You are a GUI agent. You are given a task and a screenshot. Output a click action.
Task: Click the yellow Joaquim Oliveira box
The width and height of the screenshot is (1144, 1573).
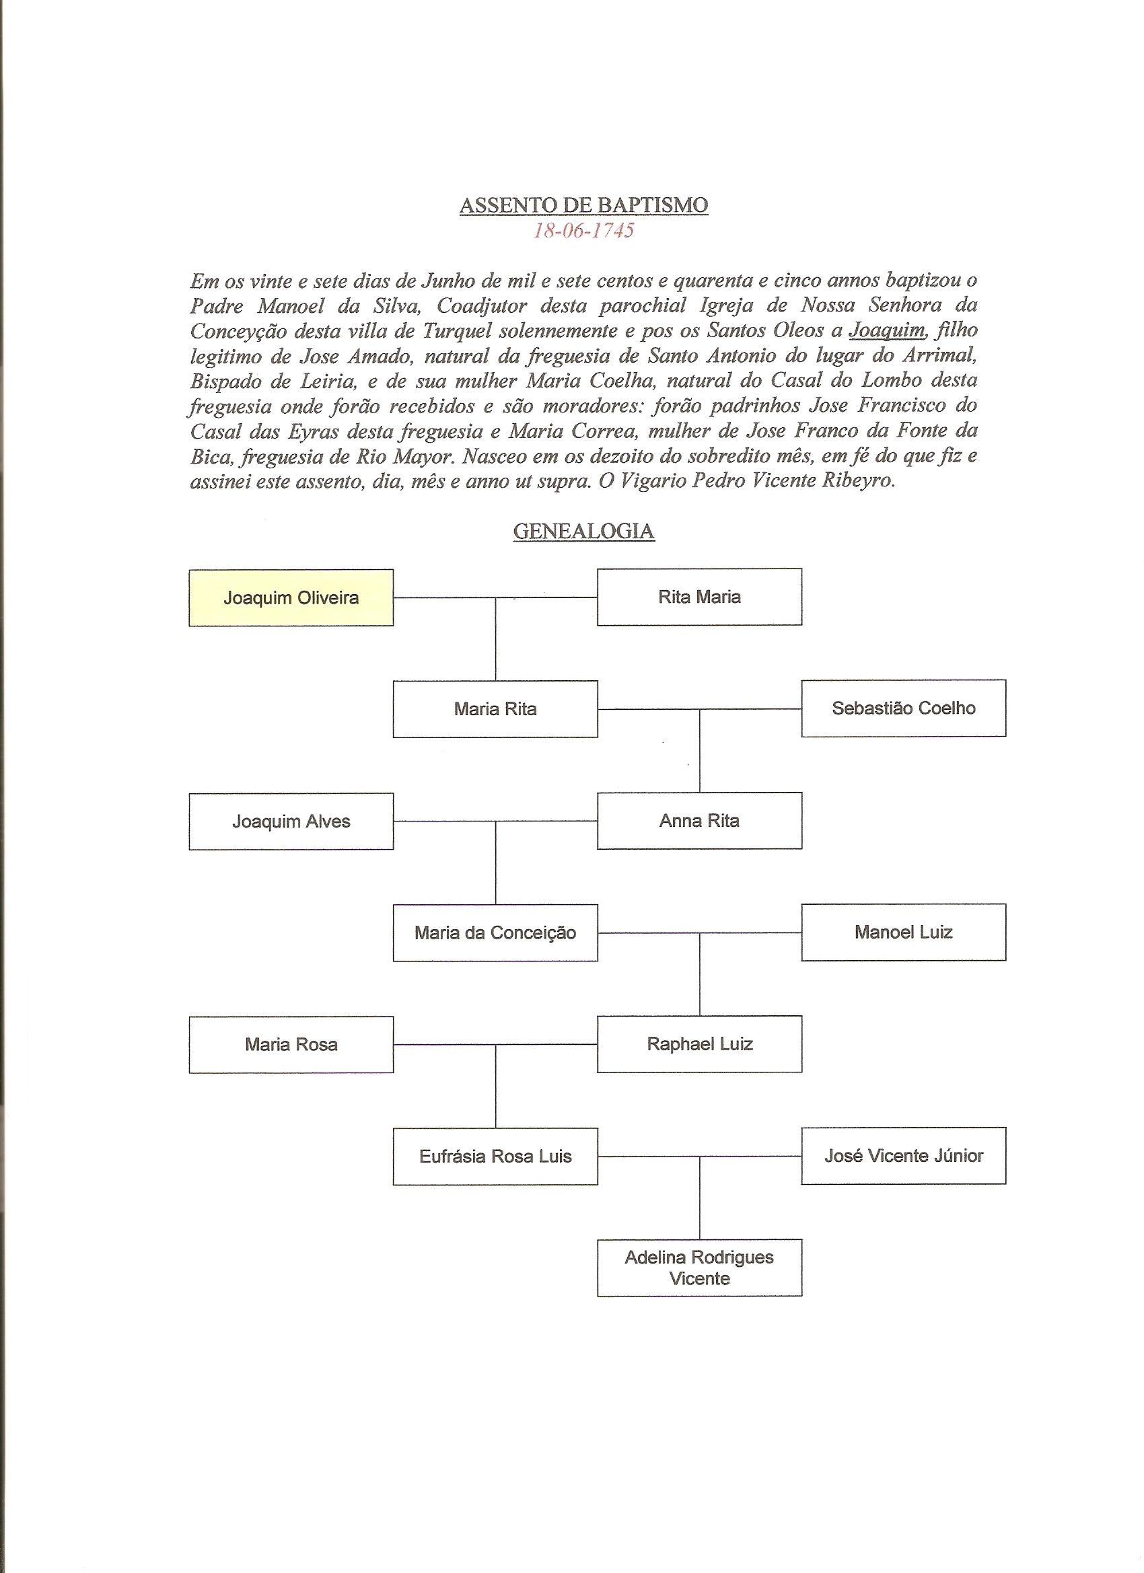click(x=291, y=598)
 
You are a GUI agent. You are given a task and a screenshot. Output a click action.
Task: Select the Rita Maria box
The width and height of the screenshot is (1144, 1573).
click(x=699, y=597)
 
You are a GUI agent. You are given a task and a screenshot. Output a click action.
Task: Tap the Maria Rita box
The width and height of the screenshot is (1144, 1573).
click(x=495, y=709)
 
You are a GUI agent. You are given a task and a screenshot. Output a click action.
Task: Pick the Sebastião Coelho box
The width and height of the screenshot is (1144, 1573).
click(x=903, y=708)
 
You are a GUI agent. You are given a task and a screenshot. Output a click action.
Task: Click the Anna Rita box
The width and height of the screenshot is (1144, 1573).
click(x=699, y=821)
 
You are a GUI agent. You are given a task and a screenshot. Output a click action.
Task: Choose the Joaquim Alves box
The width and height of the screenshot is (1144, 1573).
click(x=291, y=821)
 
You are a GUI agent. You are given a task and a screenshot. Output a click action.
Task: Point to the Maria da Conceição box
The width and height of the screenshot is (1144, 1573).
click(x=495, y=933)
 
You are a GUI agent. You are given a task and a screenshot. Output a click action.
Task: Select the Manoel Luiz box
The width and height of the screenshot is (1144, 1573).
click(x=903, y=932)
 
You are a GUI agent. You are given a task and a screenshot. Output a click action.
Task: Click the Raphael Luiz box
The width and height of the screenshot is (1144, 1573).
click(x=699, y=1044)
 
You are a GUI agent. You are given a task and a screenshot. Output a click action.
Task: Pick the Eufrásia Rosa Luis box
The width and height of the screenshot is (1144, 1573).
click(x=495, y=1156)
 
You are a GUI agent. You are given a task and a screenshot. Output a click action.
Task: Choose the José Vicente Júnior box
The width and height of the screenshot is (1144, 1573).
click(x=903, y=1155)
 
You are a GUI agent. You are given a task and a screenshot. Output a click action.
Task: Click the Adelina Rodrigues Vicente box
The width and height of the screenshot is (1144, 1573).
click(x=699, y=1268)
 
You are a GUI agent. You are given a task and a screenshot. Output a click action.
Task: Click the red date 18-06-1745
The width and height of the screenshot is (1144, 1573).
click(x=583, y=231)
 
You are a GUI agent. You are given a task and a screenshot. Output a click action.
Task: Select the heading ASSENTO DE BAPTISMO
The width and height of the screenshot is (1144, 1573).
click(x=583, y=205)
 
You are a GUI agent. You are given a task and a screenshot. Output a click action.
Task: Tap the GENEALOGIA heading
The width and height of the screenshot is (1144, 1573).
click(x=583, y=532)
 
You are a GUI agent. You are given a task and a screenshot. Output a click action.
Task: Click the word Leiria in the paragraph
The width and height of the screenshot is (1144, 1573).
click(x=331, y=381)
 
